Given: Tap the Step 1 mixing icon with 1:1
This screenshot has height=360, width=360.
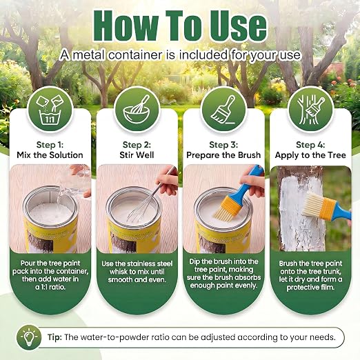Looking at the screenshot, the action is tap(50, 110).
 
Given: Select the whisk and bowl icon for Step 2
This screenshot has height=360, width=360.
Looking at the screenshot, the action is tap(137, 109).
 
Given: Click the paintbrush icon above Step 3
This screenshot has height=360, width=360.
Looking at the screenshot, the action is tap(223, 109).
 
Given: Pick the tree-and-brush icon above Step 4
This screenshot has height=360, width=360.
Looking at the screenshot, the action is tap(310, 109).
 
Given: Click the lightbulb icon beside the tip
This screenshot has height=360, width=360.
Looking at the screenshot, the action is tap(29, 337).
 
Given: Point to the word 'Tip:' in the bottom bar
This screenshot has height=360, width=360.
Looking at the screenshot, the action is tap(54, 337).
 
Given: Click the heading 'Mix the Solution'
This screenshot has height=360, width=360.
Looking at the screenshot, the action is tap(50, 155).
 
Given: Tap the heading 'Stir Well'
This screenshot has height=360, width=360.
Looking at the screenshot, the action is tap(137, 155).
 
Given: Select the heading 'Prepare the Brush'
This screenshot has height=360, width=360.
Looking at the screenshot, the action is tap(223, 155).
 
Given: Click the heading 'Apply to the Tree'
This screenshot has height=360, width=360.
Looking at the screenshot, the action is tap(310, 155).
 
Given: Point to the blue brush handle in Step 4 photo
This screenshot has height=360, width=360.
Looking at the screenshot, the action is tap(341, 212).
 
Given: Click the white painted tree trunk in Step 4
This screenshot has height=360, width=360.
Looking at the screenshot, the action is tap(302, 212).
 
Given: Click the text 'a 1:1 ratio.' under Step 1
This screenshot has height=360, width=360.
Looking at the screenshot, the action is tap(50, 287).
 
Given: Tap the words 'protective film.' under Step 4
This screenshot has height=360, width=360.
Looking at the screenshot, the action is tap(310, 288).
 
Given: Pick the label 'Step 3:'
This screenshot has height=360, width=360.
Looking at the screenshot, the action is tap(223, 145).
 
